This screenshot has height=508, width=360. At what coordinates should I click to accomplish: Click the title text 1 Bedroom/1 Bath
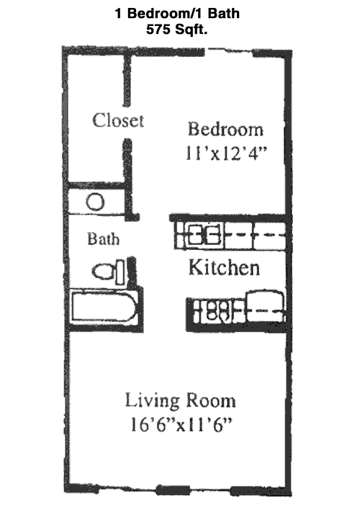pos(177,13)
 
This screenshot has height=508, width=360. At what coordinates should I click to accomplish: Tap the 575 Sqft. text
pos(176,30)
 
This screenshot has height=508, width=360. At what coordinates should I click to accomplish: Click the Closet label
pos(118,120)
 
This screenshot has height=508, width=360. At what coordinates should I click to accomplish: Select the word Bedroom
pos(225,129)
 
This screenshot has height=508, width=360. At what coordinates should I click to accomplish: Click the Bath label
pos(103,239)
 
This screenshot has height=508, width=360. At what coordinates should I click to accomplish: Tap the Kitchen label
pos(224,267)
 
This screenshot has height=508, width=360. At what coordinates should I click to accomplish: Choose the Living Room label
pos(180,400)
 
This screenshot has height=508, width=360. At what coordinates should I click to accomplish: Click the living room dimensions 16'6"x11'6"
pos(181,424)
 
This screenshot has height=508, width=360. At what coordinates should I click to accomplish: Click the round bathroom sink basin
pos(95,202)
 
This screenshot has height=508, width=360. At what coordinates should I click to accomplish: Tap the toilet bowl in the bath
pos(103,272)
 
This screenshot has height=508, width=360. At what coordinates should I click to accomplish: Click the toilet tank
pos(120,272)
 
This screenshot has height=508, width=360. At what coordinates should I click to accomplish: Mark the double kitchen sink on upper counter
pos(204,234)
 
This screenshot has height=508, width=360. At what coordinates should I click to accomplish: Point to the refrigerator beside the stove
pos(266,306)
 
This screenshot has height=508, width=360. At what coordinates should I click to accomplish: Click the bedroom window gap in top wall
pos(228,51)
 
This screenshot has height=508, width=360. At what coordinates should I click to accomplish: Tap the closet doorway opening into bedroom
pos(127,122)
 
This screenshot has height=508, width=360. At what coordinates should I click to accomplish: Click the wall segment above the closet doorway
pos(127,81)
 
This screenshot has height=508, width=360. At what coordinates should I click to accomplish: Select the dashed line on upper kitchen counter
pos(255,234)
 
